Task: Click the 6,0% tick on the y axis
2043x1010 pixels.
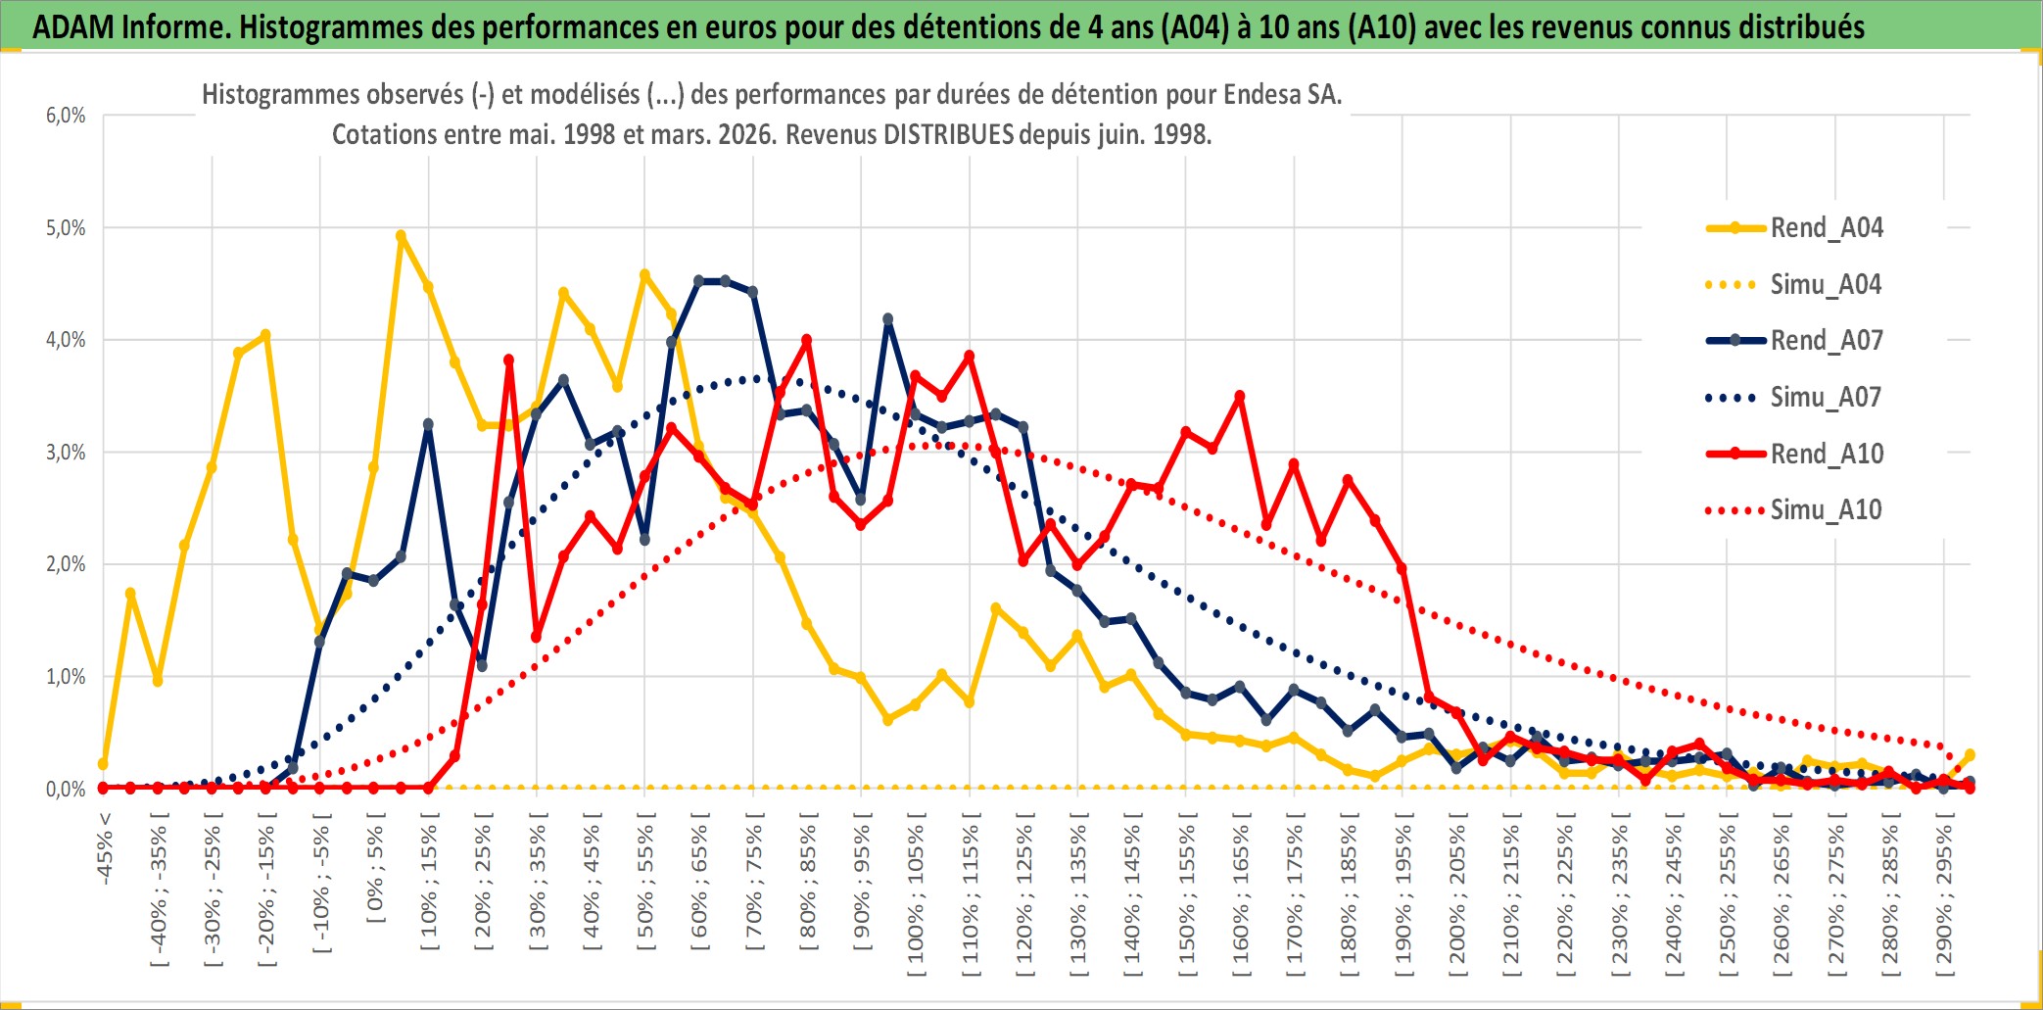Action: (66, 116)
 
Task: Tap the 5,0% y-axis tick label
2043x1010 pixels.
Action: (66, 228)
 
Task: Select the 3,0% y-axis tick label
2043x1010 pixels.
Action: (66, 453)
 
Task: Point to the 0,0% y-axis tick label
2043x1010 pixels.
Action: (66, 790)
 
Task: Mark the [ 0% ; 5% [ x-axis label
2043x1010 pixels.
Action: (375, 872)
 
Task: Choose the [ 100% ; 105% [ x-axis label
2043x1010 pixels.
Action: (916, 899)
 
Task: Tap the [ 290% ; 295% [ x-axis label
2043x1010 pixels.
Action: (1944, 899)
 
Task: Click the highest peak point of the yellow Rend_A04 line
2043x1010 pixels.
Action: (401, 236)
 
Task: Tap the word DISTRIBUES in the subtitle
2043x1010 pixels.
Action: (948, 134)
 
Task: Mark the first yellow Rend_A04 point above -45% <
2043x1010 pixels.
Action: (104, 763)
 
